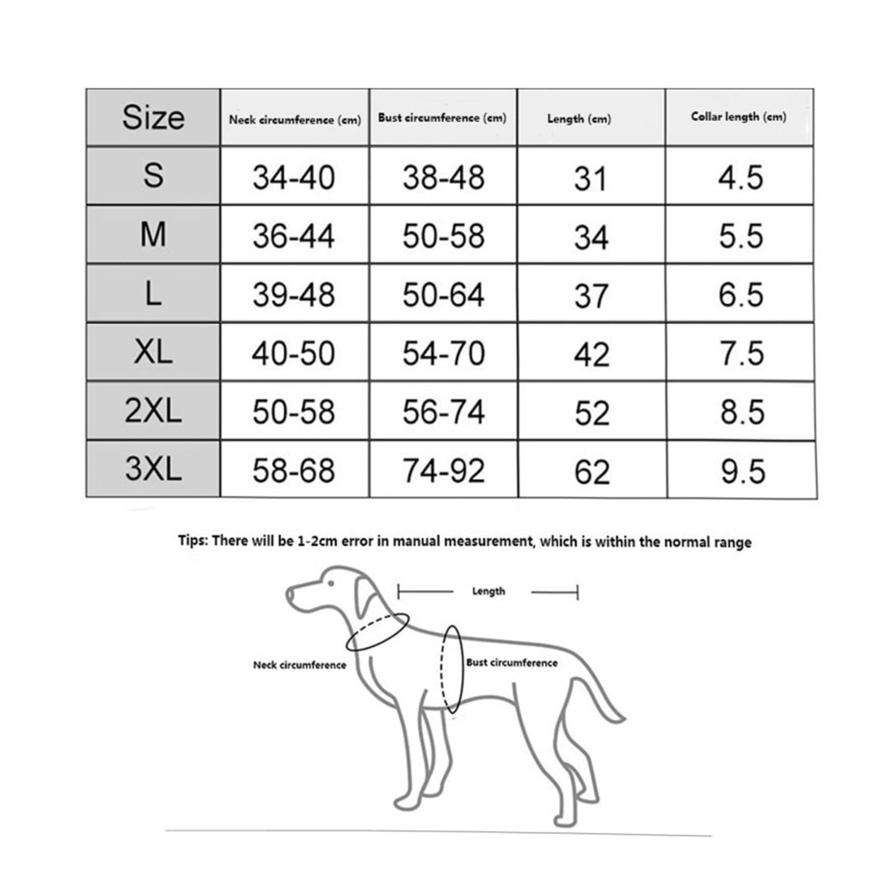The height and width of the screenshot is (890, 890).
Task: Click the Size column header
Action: [x=153, y=117]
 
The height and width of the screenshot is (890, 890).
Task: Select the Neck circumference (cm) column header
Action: [x=295, y=119]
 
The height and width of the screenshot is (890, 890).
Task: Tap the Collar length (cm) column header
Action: [x=739, y=117]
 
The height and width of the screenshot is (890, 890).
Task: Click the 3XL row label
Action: [x=153, y=469]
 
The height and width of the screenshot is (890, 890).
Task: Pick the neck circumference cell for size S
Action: [x=294, y=177]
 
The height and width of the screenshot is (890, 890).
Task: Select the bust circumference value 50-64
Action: [x=443, y=295]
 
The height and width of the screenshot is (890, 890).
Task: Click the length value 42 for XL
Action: [x=591, y=354]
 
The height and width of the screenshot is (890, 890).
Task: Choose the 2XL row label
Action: [x=153, y=411]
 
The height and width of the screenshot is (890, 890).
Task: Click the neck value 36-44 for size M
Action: [x=294, y=236]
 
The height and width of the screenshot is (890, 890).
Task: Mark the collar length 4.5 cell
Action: [x=741, y=177]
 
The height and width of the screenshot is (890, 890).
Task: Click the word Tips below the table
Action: [x=192, y=541]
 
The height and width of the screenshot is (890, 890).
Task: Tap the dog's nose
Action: [x=289, y=592]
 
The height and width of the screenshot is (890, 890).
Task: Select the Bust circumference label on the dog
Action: [x=512, y=663]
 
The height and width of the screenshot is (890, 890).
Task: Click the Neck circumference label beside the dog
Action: [x=299, y=665]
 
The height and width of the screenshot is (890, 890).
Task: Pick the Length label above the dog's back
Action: [x=488, y=591]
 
